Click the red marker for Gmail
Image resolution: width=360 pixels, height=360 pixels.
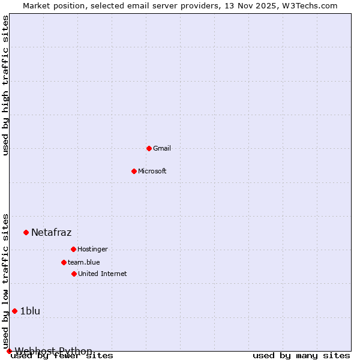(x=149, y=148)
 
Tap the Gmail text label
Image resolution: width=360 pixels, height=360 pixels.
(x=162, y=148)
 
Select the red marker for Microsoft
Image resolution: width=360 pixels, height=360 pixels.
(x=134, y=171)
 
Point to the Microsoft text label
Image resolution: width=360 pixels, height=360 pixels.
(x=152, y=171)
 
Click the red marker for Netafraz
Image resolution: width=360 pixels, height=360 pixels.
(x=26, y=232)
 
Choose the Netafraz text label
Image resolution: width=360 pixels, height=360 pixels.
(x=51, y=232)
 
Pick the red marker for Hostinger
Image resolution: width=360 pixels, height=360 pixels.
(x=73, y=249)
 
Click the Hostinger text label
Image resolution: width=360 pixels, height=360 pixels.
(x=92, y=249)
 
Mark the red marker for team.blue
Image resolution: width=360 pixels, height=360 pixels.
(x=64, y=262)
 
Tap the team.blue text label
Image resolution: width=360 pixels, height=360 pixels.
(x=84, y=262)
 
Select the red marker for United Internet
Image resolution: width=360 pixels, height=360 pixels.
(x=74, y=274)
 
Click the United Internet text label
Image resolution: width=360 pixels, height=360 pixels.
(x=102, y=274)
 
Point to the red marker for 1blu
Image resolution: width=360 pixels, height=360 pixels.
(x=14, y=311)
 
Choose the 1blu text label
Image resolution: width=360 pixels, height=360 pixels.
(x=30, y=311)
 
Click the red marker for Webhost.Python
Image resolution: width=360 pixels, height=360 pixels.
(x=9, y=351)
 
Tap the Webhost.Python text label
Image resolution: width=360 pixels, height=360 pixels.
(x=53, y=351)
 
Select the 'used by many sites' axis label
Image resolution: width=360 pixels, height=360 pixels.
(x=301, y=356)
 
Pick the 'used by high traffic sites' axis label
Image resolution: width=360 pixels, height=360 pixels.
(x=6, y=85)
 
